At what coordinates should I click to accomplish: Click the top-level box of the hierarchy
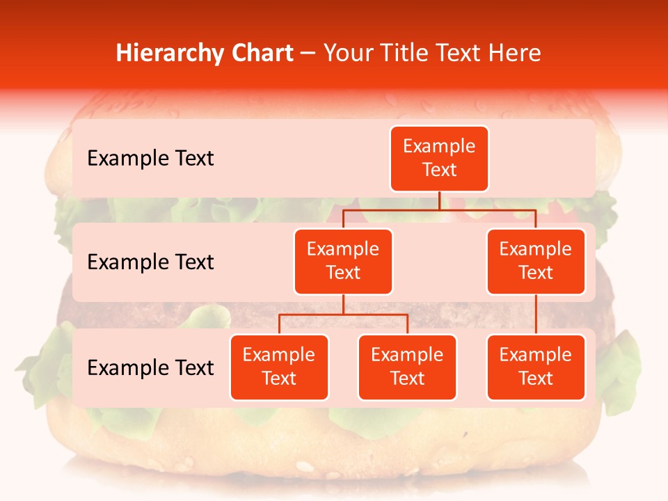439,158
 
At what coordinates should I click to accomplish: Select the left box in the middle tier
343,261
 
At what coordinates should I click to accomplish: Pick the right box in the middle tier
536,261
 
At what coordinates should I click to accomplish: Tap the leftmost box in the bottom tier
279,367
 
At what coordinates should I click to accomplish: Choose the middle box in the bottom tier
407,367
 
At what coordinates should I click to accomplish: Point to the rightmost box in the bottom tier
536,367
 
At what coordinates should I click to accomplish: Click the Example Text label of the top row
150,159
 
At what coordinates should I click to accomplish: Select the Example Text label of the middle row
150,262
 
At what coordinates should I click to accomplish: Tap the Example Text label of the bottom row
150,368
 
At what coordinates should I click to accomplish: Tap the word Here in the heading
516,53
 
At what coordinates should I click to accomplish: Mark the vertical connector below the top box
439,200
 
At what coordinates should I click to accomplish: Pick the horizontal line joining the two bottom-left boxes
343,315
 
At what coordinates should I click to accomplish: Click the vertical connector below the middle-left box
343,304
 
